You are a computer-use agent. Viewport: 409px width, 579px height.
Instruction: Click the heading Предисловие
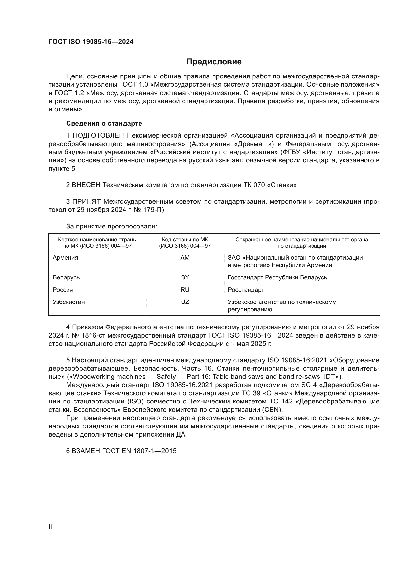coord(214,62)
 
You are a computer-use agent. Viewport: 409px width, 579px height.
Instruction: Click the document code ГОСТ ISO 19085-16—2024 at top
coord(91,42)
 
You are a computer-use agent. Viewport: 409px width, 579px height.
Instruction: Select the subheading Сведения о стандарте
coord(104,123)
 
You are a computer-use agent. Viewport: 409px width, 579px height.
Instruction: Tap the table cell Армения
coord(66,258)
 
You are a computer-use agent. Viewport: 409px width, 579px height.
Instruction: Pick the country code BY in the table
coord(185,277)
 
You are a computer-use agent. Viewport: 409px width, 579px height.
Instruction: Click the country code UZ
coord(185,302)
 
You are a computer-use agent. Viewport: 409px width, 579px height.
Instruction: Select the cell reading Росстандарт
coord(246,290)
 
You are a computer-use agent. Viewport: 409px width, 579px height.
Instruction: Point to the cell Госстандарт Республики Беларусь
coord(277,277)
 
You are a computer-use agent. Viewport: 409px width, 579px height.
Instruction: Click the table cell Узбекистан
coord(69,302)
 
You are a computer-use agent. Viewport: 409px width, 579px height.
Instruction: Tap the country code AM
coord(185,258)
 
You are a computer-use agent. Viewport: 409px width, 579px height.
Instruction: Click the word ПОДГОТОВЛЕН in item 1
coord(98,136)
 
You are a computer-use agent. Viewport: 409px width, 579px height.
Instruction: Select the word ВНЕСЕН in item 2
coord(86,185)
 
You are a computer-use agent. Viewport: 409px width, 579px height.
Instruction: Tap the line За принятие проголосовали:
coord(112,227)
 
